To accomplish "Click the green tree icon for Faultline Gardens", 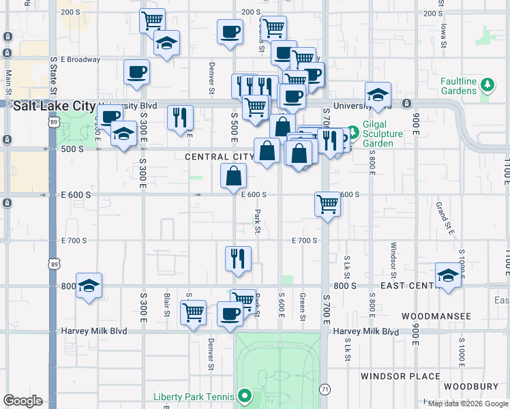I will pos(487,85).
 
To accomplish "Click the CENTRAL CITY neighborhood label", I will pos(220,157).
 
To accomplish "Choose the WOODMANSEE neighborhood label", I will pos(436,316).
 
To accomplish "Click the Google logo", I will pos(22,401).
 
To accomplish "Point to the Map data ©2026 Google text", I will pos(468,404).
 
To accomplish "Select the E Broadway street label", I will pos(80,59).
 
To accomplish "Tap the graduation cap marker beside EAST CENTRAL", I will pos(447,275).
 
